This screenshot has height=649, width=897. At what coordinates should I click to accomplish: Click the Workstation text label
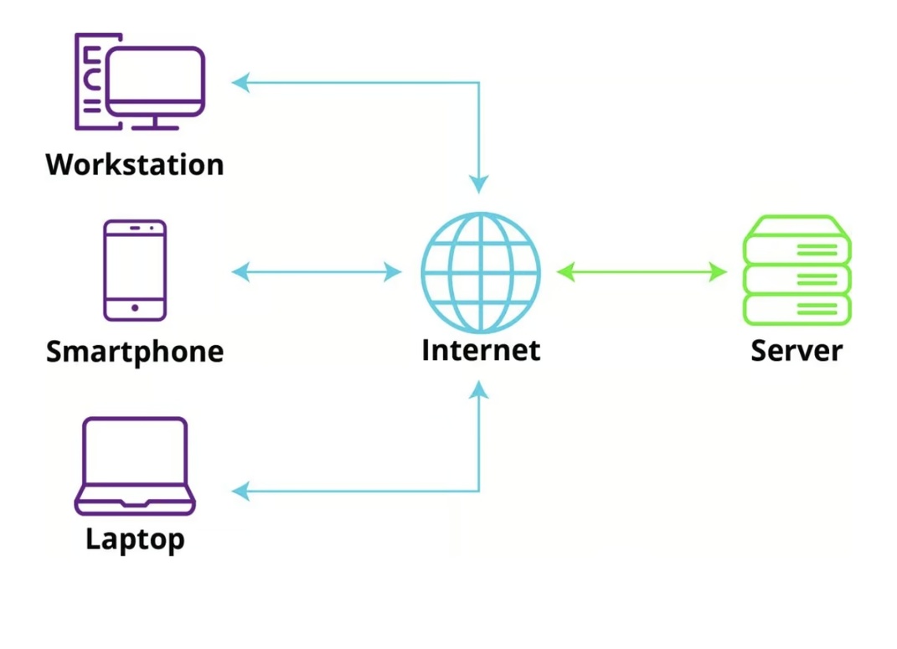135,164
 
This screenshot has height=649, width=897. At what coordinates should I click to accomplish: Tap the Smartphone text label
135,351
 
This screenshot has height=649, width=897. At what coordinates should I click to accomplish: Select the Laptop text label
135,538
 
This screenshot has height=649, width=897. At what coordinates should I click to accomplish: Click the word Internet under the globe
481,349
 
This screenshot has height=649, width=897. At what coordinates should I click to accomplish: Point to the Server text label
796,350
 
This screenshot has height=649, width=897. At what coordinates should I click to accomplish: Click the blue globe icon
481,271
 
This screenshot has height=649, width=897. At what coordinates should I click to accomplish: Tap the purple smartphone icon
135,270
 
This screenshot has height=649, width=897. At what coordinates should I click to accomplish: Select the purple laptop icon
135,466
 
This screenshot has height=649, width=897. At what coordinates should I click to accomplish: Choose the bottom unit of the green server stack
796,308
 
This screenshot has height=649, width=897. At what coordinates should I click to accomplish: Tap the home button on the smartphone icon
135,308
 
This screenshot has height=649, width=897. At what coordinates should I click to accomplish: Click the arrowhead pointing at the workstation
240,82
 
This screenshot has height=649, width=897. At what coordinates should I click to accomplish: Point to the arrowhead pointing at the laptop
240,492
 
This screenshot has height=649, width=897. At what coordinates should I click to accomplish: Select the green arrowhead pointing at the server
719,271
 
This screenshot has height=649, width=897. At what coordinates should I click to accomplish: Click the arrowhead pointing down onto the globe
479,183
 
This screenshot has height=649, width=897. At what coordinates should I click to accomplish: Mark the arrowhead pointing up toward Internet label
479,390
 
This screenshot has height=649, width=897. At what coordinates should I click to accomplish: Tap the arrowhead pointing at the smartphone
240,271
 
